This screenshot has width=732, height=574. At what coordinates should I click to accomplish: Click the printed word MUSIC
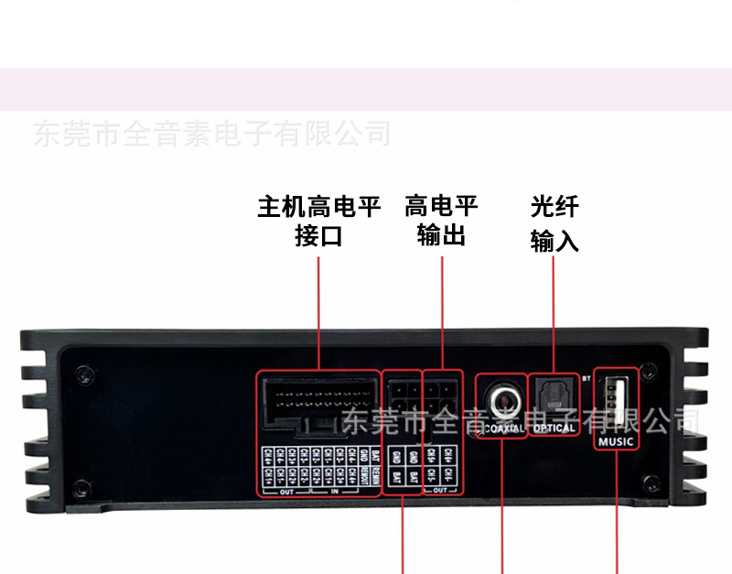point(616,442)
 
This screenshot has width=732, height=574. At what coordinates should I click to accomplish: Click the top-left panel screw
point(83,373)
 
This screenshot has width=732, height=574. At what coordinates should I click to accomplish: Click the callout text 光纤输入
point(554,223)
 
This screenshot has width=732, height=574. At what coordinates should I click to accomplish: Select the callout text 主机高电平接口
point(318,221)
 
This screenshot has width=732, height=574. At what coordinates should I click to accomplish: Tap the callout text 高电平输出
point(441,221)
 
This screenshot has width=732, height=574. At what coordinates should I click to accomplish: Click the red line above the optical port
point(554,311)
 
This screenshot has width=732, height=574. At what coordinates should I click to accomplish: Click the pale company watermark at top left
point(211,135)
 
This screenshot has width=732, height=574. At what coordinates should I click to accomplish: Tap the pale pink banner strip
point(366,89)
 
